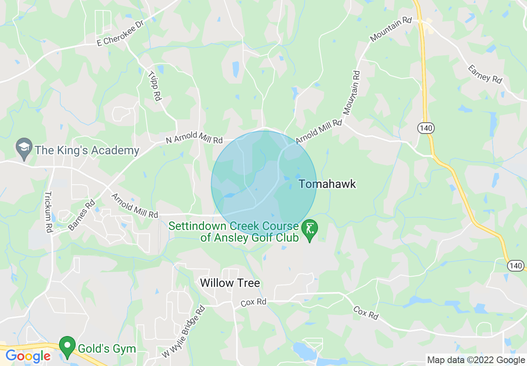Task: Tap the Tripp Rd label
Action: (154, 86)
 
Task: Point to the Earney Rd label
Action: (485, 74)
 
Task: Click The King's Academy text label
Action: (87, 150)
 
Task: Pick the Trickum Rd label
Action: (49, 212)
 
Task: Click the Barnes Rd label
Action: (81, 215)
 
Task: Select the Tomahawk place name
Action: (328, 184)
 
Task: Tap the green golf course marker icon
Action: (310, 230)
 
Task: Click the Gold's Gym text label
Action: (107, 348)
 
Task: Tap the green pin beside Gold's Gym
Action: (66, 347)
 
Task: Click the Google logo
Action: (28, 356)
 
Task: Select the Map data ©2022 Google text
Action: (476, 360)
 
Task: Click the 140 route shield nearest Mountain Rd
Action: (426, 129)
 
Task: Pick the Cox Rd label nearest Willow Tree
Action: (254, 302)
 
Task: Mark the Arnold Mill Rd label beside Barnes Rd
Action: (135, 205)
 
